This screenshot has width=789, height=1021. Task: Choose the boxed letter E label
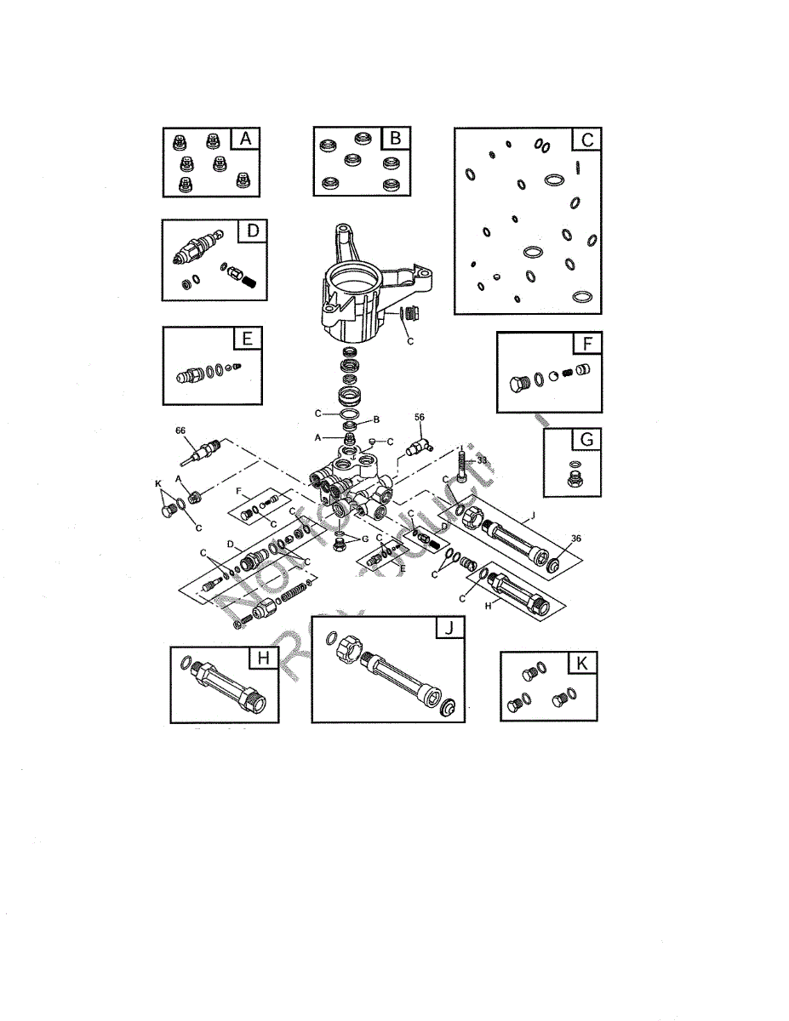(247, 339)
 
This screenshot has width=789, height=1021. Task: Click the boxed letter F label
(587, 344)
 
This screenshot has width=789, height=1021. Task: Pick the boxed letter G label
(586, 440)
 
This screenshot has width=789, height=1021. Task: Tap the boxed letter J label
(449, 628)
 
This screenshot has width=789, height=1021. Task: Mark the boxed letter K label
(582, 664)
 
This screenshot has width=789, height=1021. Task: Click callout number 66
(180, 431)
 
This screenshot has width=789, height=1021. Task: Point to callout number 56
(419, 418)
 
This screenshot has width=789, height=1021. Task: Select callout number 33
(482, 459)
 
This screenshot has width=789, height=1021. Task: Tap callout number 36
(576, 538)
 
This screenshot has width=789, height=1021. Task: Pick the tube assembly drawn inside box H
(225, 687)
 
